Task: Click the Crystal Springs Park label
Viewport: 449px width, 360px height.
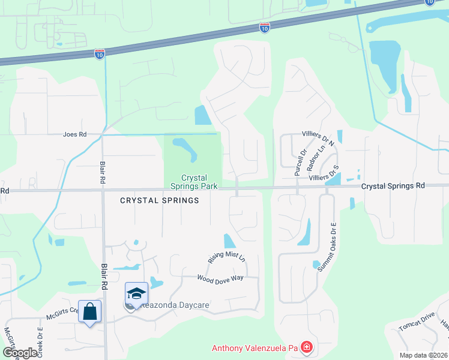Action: (x=194, y=182)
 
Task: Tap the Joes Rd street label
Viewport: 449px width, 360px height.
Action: (x=75, y=134)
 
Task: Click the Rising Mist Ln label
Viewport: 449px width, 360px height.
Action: (x=227, y=257)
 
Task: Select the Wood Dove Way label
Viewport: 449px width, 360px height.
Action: (x=220, y=278)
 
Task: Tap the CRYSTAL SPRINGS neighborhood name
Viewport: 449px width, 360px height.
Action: (x=160, y=200)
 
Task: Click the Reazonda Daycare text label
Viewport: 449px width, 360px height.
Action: (x=174, y=305)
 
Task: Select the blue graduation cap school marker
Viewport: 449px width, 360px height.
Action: (x=136, y=293)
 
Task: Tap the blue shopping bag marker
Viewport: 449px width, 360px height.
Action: (x=90, y=311)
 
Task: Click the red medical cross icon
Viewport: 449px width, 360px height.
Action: (x=307, y=347)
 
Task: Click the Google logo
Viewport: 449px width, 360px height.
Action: (x=20, y=353)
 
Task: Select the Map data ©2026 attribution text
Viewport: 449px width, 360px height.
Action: (x=424, y=355)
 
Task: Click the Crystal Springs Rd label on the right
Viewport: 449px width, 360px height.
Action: (x=393, y=186)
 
